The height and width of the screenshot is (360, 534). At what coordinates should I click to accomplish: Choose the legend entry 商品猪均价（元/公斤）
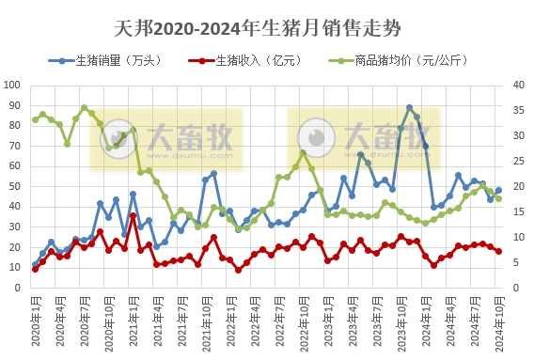(407, 60)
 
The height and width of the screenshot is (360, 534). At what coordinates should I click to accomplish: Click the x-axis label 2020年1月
(35, 320)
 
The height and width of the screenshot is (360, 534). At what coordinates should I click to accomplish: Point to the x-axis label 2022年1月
(230, 320)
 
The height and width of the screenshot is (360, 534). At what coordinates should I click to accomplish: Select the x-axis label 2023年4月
(353, 320)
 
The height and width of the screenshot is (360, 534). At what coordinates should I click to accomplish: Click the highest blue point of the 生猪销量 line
(409, 108)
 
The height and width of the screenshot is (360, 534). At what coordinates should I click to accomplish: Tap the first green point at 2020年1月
(35, 119)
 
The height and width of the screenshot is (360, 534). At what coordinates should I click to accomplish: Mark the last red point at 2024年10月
(498, 251)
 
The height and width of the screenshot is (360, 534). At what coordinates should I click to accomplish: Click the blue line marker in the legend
(63, 60)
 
